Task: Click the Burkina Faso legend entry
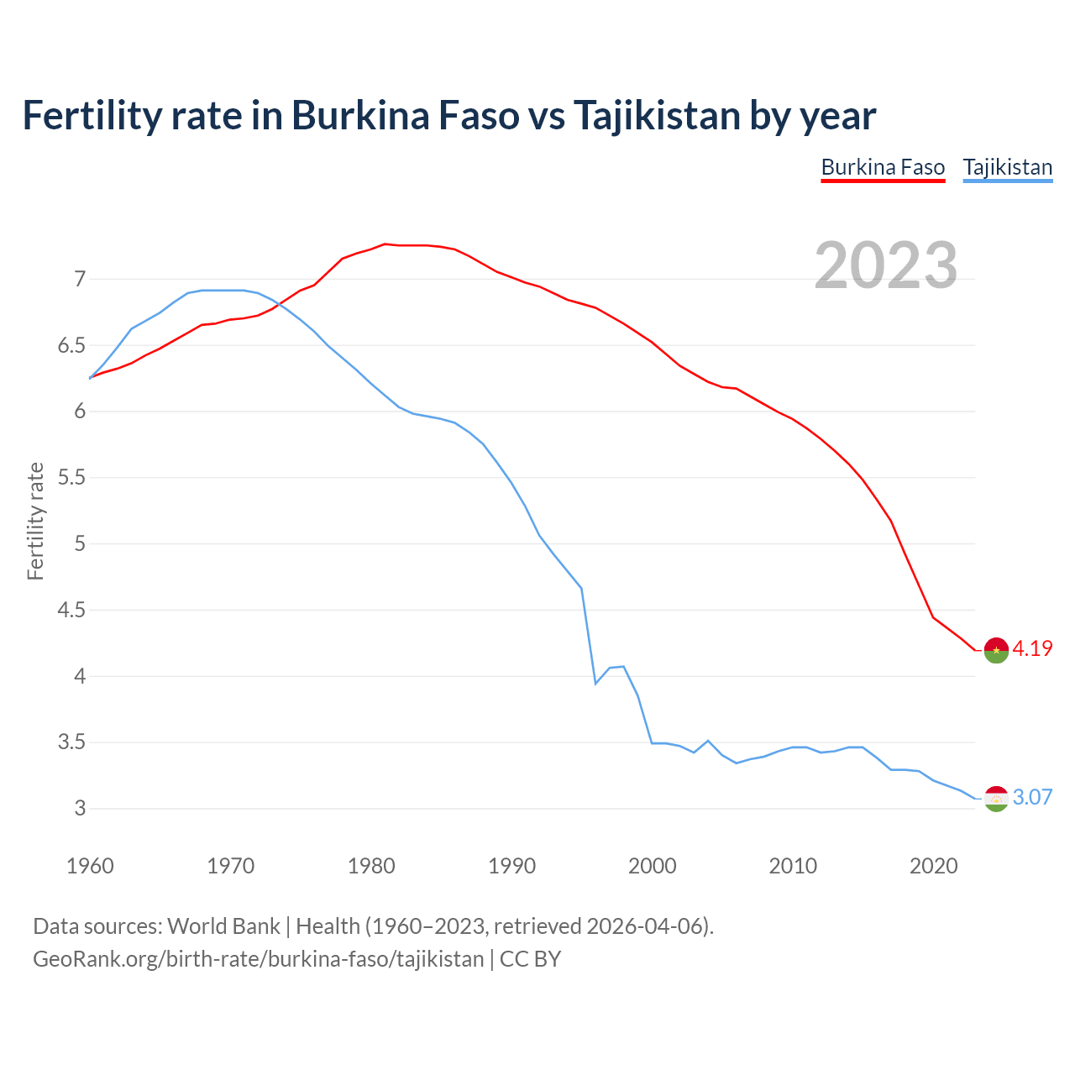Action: click(883, 167)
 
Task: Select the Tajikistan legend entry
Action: click(1007, 167)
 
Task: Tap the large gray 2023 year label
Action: click(886, 265)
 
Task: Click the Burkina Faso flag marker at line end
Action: click(996, 650)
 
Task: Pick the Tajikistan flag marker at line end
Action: click(996, 799)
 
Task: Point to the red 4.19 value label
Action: click(1032, 649)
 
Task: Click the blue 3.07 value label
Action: click(1032, 798)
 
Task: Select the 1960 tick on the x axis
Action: click(90, 866)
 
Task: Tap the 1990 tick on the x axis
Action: click(511, 866)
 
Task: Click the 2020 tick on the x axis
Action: click(933, 866)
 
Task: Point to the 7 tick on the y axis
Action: click(80, 279)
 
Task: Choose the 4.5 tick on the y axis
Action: click(71, 610)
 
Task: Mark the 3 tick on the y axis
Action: click(80, 809)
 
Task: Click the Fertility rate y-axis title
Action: click(35, 521)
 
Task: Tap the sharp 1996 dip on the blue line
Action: click(595, 684)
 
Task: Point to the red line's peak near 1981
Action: click(385, 244)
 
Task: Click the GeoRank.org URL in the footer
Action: click(258, 959)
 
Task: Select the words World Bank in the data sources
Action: click(223, 926)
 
